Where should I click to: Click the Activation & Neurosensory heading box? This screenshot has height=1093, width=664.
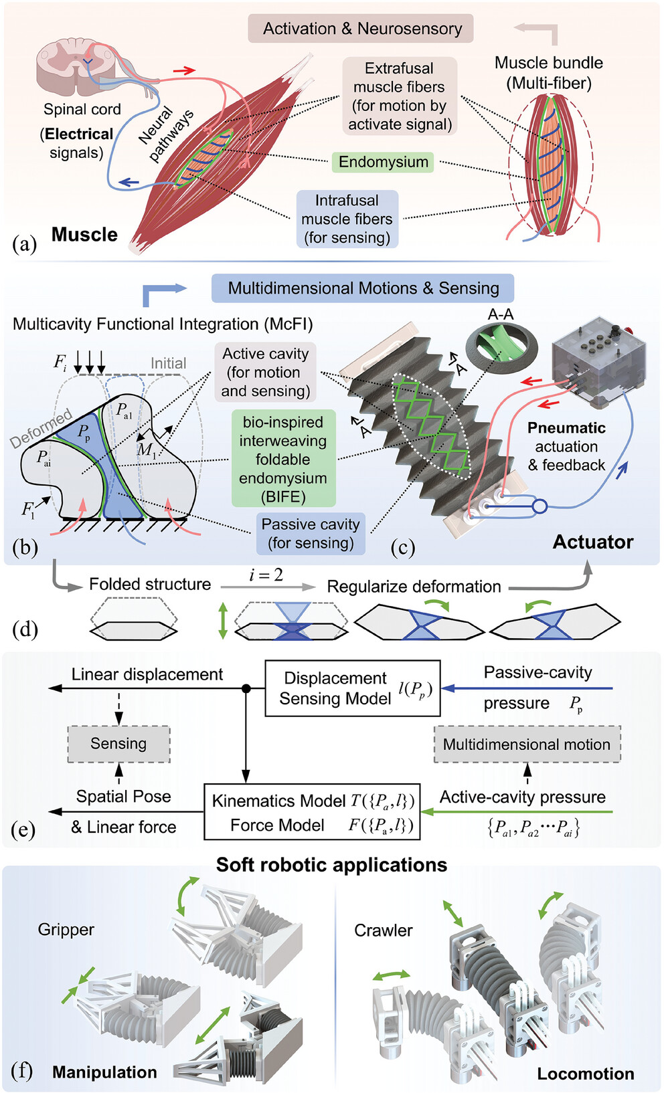361,29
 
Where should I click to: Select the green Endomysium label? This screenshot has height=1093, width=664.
383,162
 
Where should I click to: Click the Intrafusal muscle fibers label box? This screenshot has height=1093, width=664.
347,219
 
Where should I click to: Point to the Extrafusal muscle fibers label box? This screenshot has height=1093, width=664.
400,96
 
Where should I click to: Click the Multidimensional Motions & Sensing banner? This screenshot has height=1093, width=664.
363,288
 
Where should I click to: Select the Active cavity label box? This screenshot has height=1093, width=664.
266,372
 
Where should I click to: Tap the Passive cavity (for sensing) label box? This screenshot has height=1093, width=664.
311,534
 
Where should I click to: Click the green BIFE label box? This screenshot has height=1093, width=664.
283,459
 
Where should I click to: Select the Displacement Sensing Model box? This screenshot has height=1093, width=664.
352,688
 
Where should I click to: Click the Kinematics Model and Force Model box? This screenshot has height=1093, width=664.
312,812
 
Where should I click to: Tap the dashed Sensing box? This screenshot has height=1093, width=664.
118,744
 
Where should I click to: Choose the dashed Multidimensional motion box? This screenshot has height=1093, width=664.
527,744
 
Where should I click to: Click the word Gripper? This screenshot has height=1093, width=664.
66,929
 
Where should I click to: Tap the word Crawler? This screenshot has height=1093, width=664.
384,930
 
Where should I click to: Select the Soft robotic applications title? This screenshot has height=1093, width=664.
331,865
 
